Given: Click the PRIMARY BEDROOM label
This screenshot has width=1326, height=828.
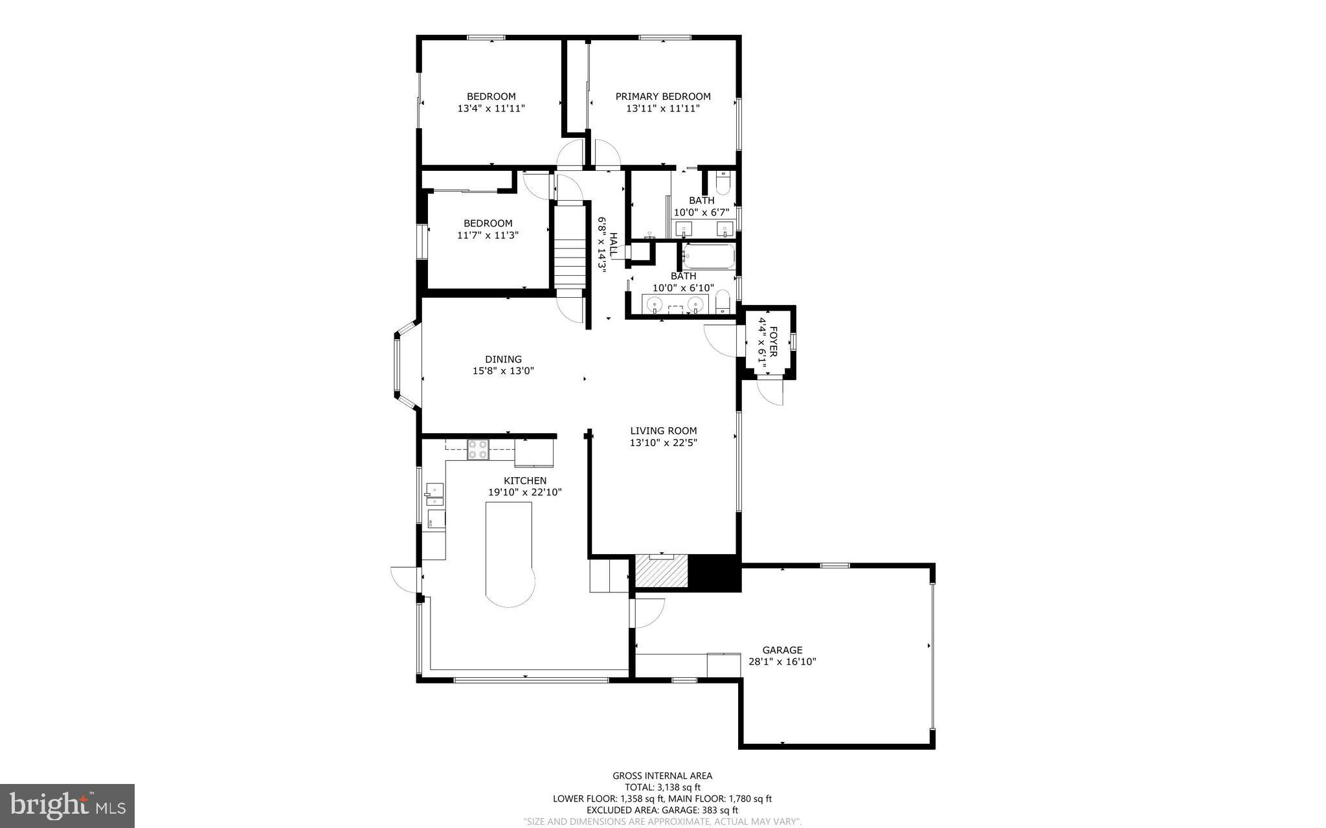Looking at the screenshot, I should (662, 96).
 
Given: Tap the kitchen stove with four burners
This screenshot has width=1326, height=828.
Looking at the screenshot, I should (478, 449).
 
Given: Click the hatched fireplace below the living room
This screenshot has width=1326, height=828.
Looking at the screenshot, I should (661, 572).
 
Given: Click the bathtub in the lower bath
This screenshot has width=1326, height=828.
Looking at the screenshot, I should (709, 256).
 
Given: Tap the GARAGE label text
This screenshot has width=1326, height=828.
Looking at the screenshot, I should (782, 650).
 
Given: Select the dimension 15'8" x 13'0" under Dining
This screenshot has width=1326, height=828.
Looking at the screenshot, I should (503, 371).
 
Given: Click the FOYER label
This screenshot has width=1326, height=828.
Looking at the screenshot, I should (773, 337).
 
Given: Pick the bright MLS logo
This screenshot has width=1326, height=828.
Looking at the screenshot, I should (67, 805).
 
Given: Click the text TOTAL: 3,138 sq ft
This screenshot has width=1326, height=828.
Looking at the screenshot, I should (662, 787).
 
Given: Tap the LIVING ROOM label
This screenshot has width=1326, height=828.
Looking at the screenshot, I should (663, 431).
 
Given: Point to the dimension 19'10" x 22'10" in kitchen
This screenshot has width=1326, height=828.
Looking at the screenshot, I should (524, 492).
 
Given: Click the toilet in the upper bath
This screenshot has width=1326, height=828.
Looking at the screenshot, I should (724, 183).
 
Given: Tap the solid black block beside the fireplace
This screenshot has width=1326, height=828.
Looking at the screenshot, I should (714, 572).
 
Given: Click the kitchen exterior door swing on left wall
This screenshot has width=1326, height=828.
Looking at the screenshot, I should (405, 578).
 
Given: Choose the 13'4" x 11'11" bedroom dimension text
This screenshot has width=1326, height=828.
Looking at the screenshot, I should (491, 109).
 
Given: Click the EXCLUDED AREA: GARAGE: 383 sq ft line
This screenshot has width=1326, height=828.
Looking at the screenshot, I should (662, 810).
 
